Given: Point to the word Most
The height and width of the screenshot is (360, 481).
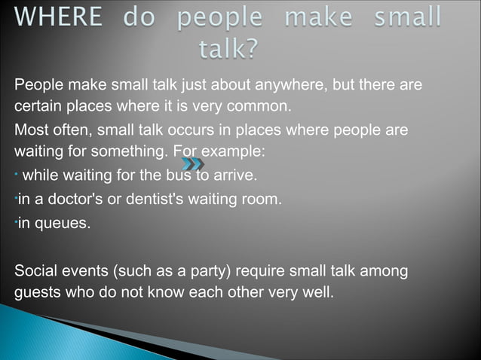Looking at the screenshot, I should [31, 130].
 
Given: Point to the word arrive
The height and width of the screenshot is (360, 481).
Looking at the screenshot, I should [235, 177].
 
